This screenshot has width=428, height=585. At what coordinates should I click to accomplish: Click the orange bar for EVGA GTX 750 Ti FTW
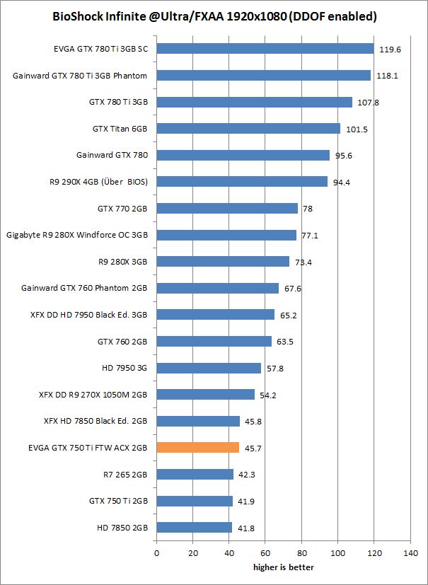click(198, 447)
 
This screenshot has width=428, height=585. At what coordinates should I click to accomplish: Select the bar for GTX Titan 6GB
click(248, 129)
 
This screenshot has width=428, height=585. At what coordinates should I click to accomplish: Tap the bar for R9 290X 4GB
click(242, 182)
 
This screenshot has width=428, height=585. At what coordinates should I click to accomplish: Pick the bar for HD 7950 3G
click(209, 368)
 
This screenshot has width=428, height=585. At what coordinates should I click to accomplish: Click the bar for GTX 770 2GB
click(227, 209)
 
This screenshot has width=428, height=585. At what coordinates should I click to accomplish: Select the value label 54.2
click(269, 395)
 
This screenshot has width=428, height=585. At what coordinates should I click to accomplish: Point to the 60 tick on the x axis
click(265, 553)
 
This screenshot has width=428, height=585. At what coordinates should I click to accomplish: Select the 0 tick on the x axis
click(156, 553)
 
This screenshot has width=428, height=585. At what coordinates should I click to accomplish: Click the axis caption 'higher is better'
click(284, 567)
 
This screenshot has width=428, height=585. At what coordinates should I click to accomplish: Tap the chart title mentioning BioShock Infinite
click(214, 16)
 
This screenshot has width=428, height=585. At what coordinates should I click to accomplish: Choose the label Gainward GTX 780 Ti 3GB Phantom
click(80, 76)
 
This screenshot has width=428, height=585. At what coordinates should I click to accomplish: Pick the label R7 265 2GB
click(125, 474)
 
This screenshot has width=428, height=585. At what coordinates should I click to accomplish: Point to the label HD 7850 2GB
click(122, 527)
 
